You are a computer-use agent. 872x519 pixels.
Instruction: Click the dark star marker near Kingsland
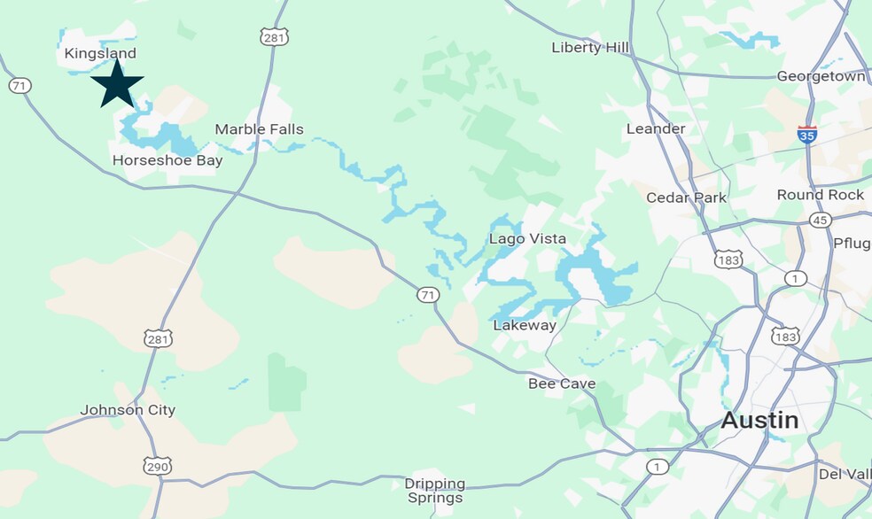pos(117,83)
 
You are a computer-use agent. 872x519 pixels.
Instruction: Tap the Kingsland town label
pos(100,54)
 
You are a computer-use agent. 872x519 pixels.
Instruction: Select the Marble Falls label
pos(259,129)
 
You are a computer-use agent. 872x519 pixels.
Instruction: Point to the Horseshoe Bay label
pos(167,160)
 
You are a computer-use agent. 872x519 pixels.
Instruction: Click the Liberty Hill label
pos(589,47)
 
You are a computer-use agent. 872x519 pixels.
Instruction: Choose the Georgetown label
pos(821,76)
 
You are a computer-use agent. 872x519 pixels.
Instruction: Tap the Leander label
pos(656,128)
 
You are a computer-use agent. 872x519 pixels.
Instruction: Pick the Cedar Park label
pos(686,198)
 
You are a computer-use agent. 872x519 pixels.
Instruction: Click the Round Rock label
pos(820,194)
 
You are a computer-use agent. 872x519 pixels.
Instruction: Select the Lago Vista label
pos(527,239)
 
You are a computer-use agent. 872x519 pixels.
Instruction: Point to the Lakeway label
pos(525,325)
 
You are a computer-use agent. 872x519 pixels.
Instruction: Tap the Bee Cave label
pos(562,383)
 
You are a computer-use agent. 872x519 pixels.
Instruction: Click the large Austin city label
pos(759,420)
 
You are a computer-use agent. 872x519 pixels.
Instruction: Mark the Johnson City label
pos(128,410)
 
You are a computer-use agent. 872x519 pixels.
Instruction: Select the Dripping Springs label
pos(435,491)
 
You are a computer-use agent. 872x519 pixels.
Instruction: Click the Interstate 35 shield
pos(806,135)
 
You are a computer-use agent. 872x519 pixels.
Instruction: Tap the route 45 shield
pos(821,220)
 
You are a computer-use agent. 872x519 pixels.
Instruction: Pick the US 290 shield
pos(159,467)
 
